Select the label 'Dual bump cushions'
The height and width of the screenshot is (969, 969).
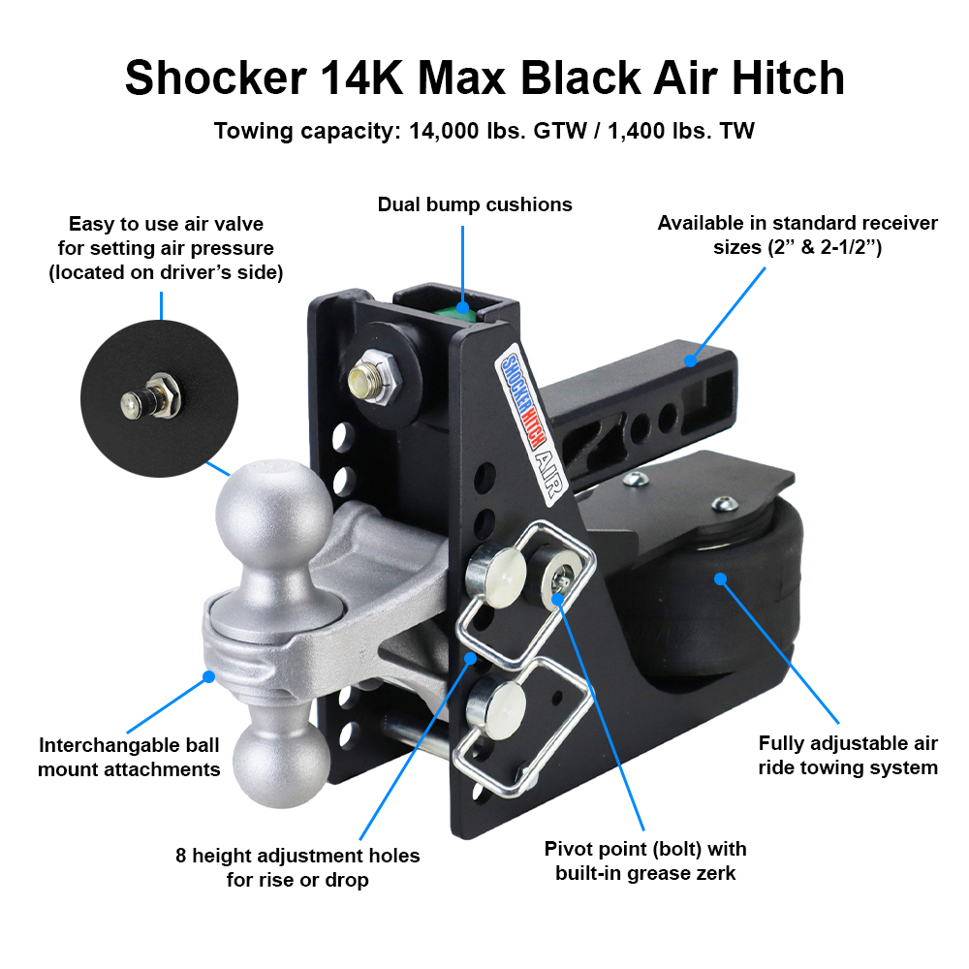tap(475, 204)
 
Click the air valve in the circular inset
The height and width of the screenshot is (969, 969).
tap(155, 396)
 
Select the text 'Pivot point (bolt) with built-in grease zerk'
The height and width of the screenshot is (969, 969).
tap(644, 860)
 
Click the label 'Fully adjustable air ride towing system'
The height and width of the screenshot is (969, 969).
tap(848, 756)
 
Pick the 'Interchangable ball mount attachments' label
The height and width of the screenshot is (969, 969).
tap(129, 758)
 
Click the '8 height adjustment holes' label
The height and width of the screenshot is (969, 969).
tap(297, 867)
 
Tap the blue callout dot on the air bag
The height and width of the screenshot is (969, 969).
tap(720, 579)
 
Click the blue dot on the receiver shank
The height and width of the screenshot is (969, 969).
tap(690, 361)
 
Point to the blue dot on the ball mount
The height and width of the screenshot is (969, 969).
tap(206, 676)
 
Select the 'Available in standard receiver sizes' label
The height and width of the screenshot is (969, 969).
tap(797, 234)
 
